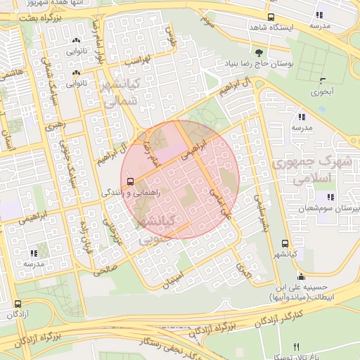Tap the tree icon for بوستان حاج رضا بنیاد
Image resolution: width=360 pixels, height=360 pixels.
[259, 53]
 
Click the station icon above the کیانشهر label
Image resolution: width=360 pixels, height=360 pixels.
[283, 243]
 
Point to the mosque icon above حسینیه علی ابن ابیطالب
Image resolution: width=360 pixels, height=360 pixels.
[302, 276]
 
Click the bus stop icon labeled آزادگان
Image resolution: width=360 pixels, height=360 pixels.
[17, 304]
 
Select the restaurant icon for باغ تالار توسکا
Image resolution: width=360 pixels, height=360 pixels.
[295, 347]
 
